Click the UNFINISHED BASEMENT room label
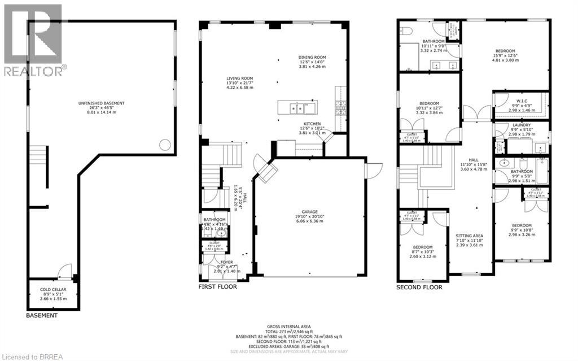point(102,103)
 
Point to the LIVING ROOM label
point(240,79)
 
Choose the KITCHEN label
point(312,124)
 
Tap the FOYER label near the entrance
point(226,262)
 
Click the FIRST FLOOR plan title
point(217,287)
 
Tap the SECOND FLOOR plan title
point(419,287)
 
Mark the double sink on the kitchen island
point(297,107)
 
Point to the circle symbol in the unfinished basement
point(165,145)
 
